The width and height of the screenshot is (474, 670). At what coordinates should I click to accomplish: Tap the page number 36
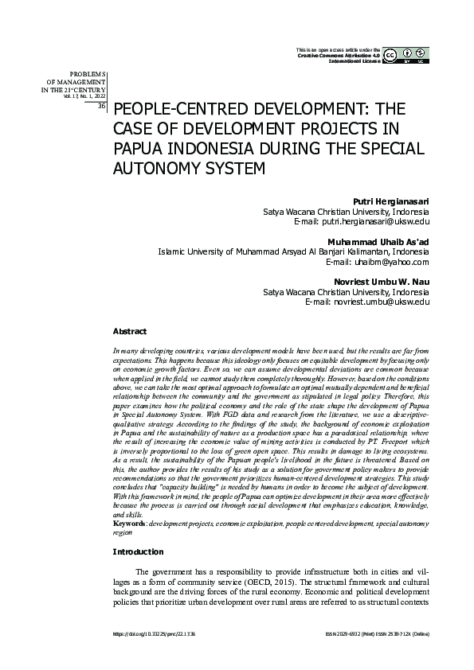coord(101,105)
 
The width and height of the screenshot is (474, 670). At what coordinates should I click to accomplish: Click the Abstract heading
coord(129,330)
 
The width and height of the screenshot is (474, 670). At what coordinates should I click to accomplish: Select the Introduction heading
coord(139,551)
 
